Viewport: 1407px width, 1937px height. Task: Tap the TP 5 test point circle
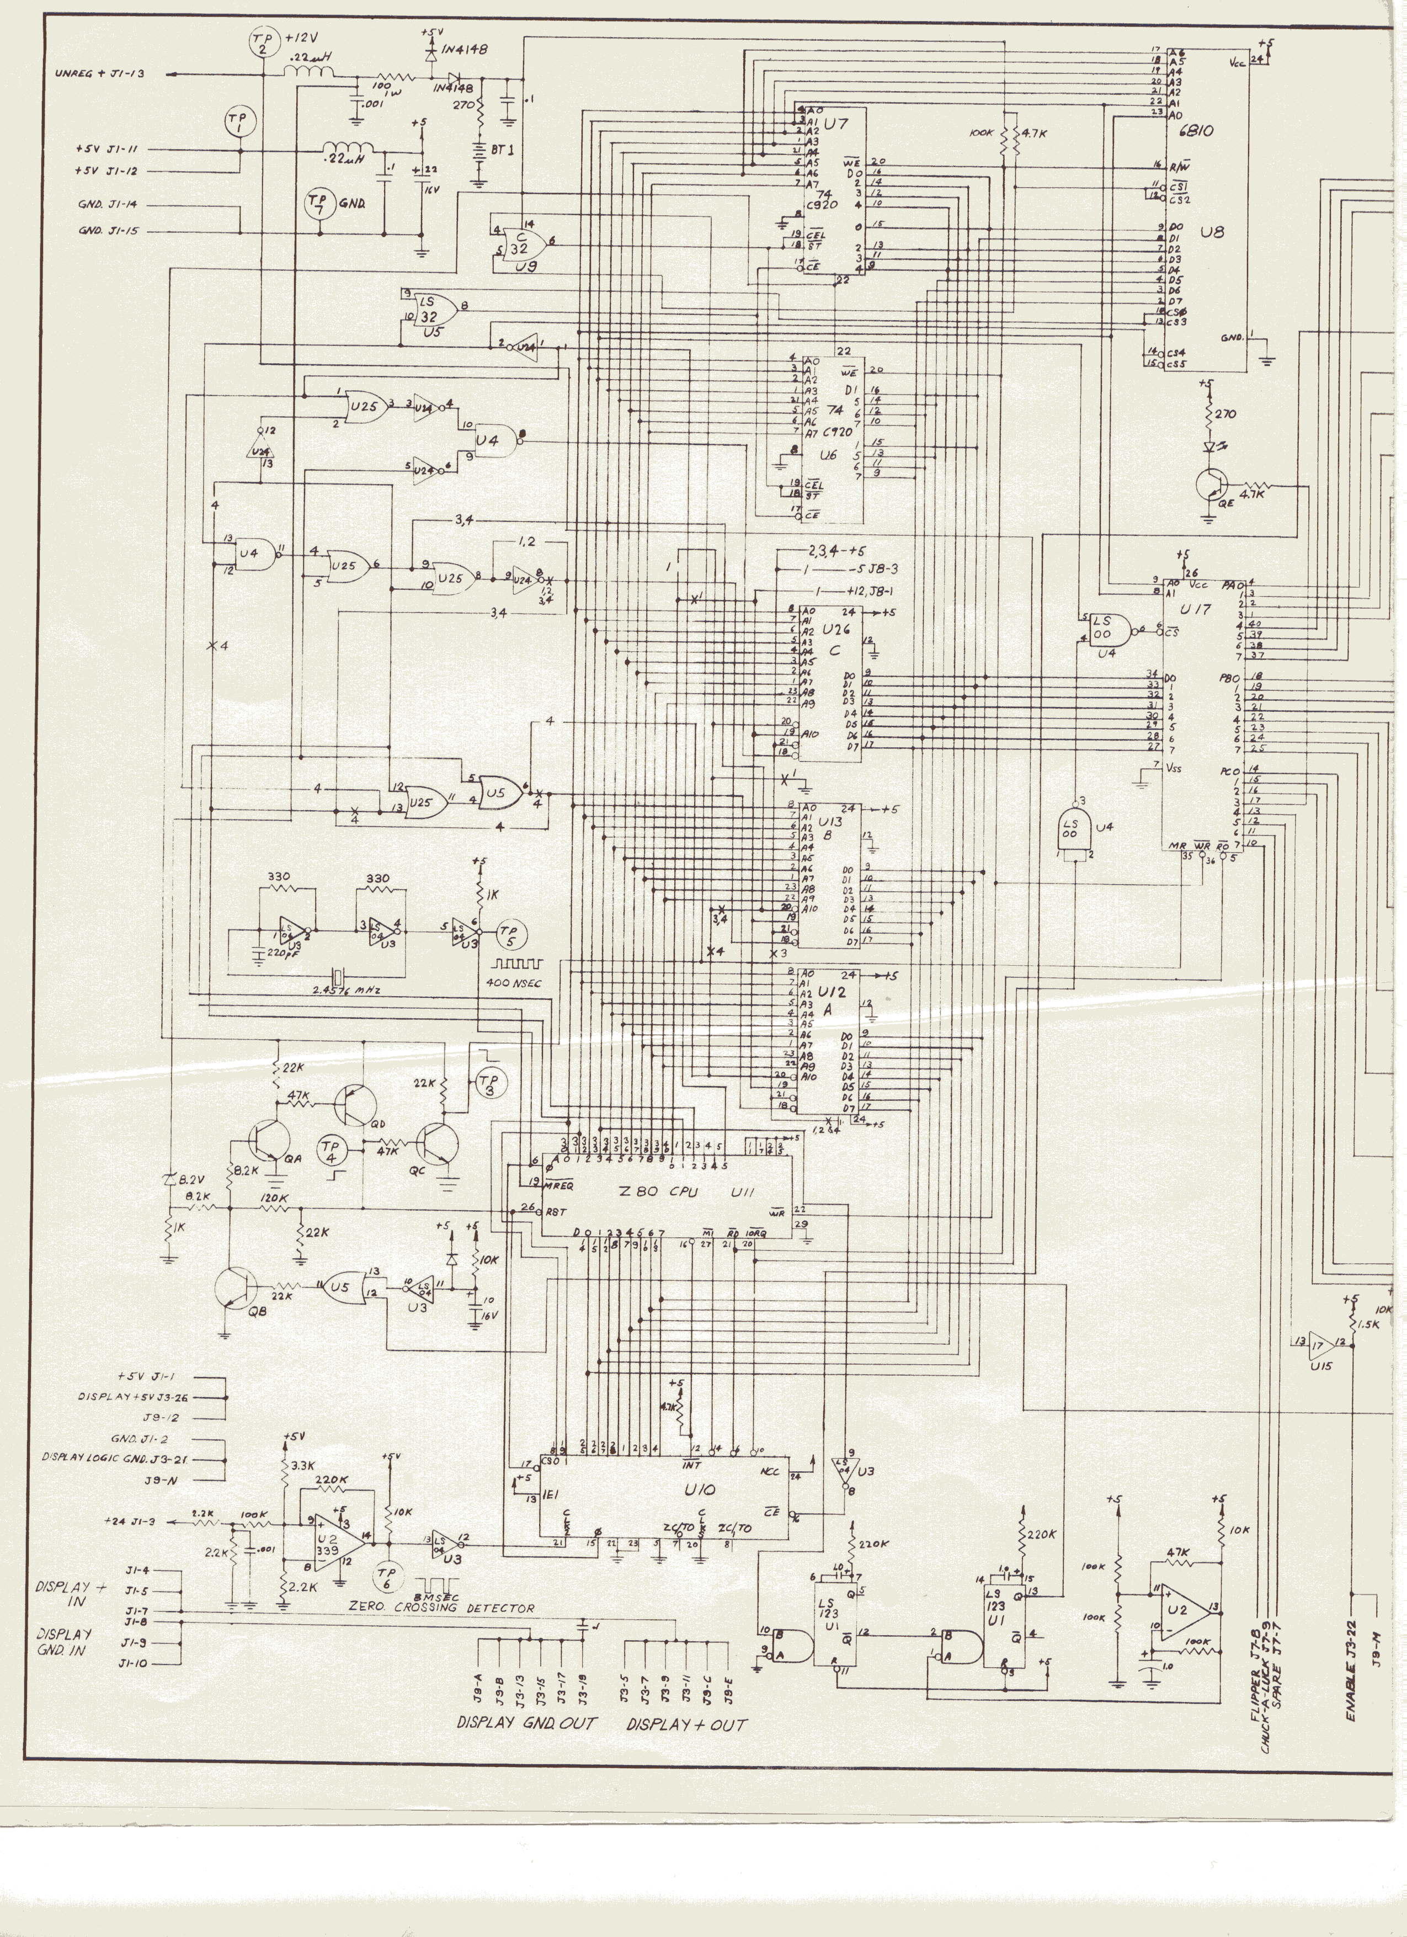511,934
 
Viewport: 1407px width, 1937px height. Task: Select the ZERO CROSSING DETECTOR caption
441,1608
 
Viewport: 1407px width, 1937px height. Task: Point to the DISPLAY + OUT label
686,1723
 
